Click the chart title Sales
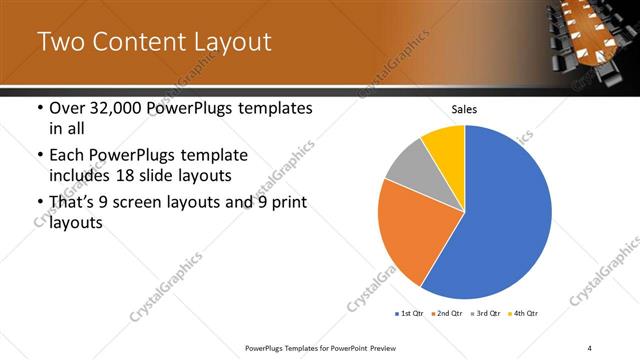coord(465,109)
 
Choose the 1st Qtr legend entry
coord(410,314)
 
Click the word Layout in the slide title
coord(226,42)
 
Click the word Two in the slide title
coord(60,42)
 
